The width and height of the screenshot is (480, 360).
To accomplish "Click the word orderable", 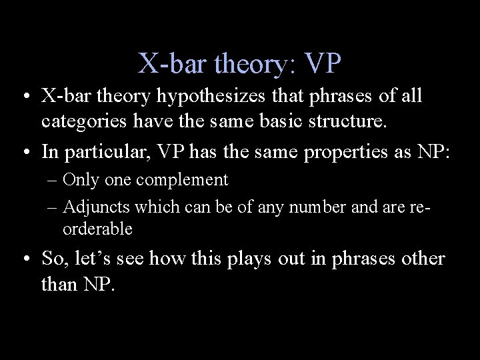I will (97, 229).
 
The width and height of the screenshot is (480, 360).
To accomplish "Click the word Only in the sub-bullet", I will (79, 179).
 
